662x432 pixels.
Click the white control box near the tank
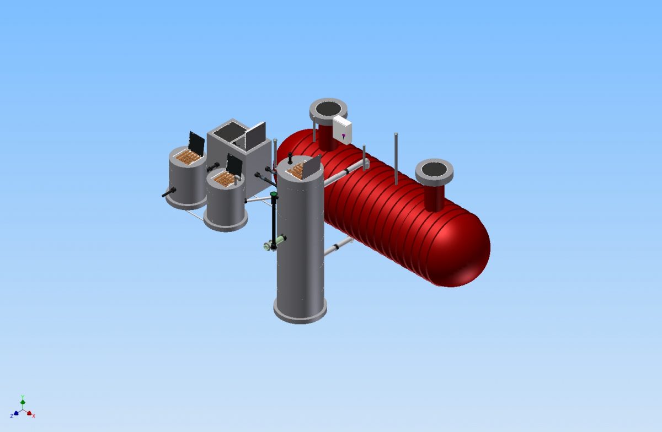click(342, 130)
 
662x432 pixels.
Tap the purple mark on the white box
click(343, 136)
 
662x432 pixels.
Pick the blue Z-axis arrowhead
click(16, 413)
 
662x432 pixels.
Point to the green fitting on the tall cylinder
click(280, 240)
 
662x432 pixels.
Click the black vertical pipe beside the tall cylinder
click(274, 220)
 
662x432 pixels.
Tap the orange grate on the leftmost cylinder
click(188, 158)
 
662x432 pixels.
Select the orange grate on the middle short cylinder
click(225, 178)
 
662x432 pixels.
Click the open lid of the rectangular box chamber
click(255, 136)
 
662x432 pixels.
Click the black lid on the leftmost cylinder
click(196, 142)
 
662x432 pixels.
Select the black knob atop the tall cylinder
click(290, 158)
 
